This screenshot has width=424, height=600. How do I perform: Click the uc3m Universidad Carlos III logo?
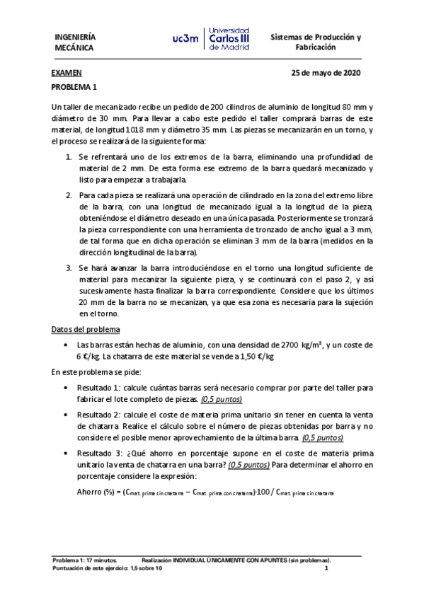point(210,40)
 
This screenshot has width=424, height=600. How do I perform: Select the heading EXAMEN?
point(66,74)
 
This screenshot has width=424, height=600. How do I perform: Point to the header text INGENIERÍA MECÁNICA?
point(76,42)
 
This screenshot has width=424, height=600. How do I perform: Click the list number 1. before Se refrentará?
point(69,156)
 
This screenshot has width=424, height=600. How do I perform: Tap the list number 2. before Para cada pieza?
point(69,195)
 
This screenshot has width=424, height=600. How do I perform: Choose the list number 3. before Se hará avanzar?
point(69,269)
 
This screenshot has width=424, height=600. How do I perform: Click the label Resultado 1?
point(100,388)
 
